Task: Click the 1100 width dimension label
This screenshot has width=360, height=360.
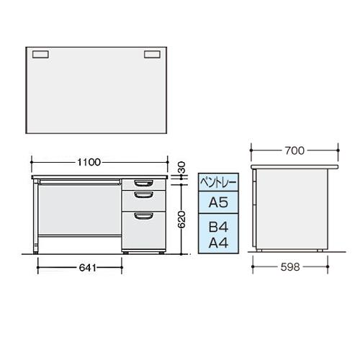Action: [89, 163]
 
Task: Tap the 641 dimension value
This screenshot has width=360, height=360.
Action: [88, 268]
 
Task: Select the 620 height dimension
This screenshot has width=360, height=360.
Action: [181, 219]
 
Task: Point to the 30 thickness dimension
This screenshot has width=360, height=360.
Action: [181, 167]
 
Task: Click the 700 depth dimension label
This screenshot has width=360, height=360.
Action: [294, 150]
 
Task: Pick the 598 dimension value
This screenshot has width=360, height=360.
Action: [290, 267]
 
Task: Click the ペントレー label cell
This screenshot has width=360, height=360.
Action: [218, 182]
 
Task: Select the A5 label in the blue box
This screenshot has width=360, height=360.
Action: [218, 202]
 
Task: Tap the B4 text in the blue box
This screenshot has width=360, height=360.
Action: [218, 227]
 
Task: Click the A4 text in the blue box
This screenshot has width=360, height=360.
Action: [218, 243]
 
